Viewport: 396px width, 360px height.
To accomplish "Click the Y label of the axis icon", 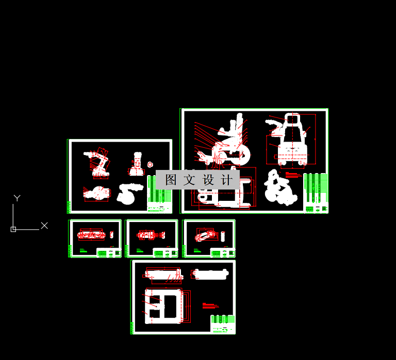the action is point(17,198).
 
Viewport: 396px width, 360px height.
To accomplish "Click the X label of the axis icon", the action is point(44,226).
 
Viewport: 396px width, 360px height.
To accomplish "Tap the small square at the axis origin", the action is point(13,229).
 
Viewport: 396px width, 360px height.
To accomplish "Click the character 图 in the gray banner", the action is point(171,180).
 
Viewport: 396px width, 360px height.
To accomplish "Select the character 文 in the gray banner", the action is point(189,180).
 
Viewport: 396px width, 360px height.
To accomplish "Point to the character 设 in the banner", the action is point(208,180).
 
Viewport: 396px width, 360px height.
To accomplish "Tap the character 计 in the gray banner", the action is point(226,180).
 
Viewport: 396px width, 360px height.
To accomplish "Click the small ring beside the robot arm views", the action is point(150,164).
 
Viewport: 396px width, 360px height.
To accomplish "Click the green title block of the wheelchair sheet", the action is point(316,194).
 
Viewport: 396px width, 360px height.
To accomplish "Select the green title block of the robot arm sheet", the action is point(159,194).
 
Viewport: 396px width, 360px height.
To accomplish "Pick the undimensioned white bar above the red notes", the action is point(210,274).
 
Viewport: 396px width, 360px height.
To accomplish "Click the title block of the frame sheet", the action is point(222,324).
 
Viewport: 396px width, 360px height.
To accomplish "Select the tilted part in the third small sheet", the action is point(206,236).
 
